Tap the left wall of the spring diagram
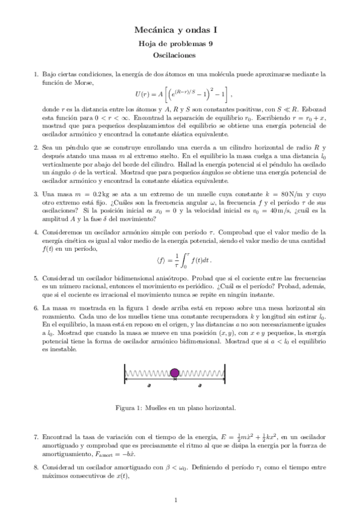(x=124, y=373)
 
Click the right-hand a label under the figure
(x=201, y=383)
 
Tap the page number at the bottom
(x=175, y=499)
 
